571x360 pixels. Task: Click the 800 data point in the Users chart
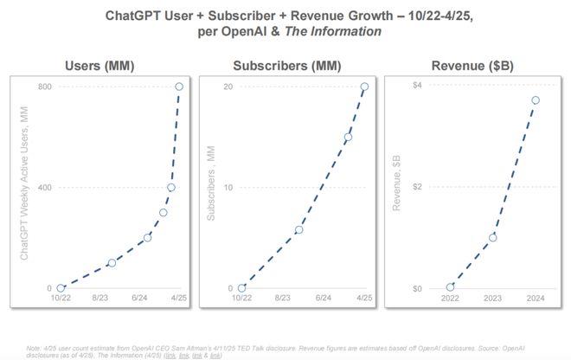tap(179, 87)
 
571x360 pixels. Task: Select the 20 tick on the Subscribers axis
tap(229, 87)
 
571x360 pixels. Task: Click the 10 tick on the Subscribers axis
tap(229, 188)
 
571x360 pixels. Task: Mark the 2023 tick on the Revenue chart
tap(493, 299)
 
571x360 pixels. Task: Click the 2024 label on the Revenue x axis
tap(536, 299)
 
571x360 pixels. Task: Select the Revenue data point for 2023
tap(493, 237)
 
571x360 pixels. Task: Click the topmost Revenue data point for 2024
tap(536, 100)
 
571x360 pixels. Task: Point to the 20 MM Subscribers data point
tap(364, 87)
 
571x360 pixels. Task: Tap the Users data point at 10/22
tap(61, 288)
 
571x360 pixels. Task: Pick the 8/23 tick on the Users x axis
tap(100, 299)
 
